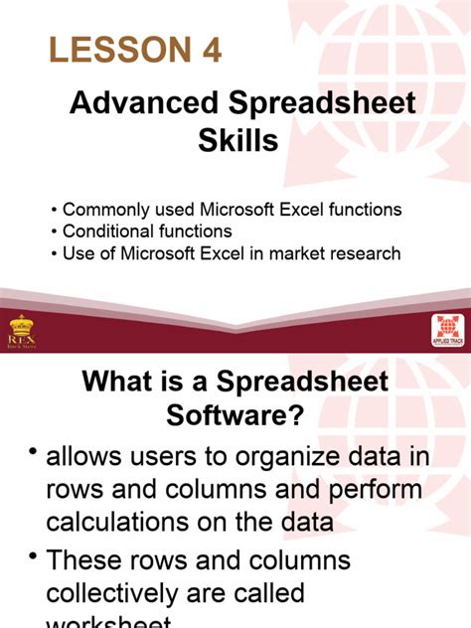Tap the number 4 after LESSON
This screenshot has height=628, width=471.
pos(209,50)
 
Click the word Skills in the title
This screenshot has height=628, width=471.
pos(239,141)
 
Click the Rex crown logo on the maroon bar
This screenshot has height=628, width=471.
pos(23,332)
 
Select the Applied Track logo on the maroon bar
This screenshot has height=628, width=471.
pos(446,330)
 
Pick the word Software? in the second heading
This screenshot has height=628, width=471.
pos(239,417)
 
